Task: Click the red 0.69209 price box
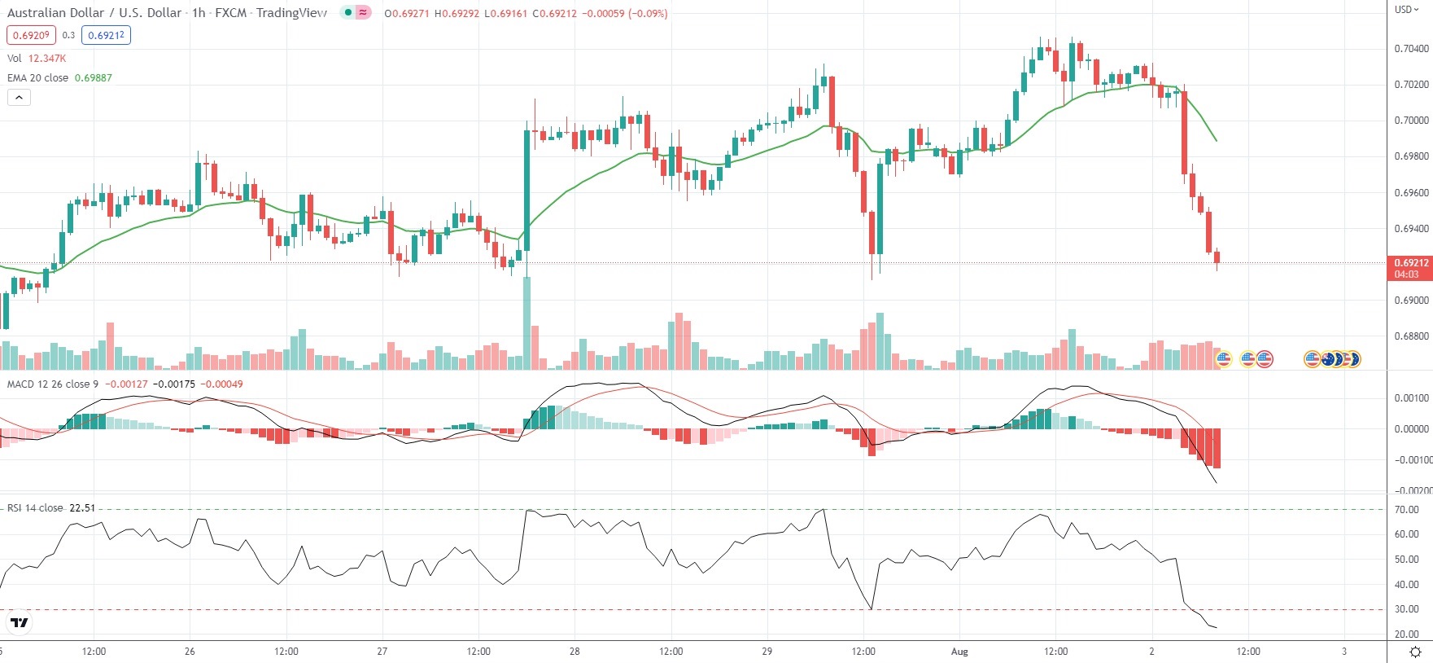click(31, 35)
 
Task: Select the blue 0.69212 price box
click(106, 35)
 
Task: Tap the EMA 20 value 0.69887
click(94, 78)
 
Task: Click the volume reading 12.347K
click(47, 59)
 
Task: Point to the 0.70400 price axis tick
click(1411, 49)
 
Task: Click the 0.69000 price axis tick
click(1411, 301)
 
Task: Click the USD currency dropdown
click(1406, 10)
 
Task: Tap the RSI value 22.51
click(82, 508)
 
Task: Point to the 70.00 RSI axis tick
click(1406, 510)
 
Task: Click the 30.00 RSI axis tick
click(1406, 609)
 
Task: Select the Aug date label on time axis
click(959, 652)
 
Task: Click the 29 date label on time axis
click(767, 652)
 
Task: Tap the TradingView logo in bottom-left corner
click(19, 623)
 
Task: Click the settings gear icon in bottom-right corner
click(1415, 652)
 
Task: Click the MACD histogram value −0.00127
click(127, 384)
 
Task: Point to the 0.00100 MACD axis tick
click(1411, 398)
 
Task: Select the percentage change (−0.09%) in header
click(648, 14)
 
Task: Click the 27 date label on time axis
click(382, 652)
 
